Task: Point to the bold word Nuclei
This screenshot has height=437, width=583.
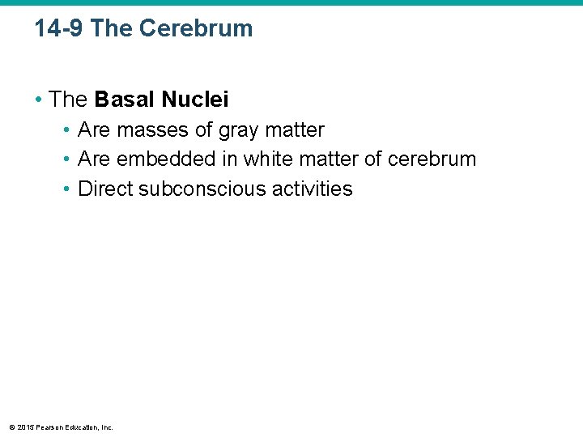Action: click(195, 100)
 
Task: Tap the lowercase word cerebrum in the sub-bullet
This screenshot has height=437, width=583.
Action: click(432, 159)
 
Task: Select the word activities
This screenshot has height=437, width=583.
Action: click(313, 189)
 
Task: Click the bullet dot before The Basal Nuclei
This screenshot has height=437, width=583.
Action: click(38, 100)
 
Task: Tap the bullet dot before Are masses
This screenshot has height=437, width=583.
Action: click(67, 130)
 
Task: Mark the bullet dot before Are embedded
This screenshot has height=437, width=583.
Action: click(67, 159)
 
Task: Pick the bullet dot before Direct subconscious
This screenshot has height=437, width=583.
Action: click(67, 189)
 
